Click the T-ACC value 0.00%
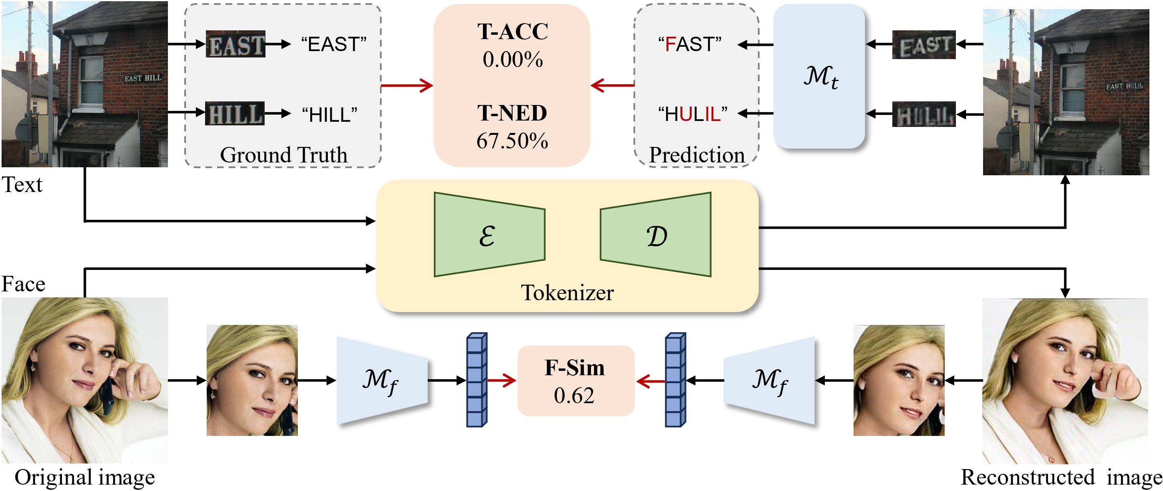click(513, 59)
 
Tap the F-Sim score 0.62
click(574, 396)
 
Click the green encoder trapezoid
click(489, 234)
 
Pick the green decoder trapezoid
click(656, 234)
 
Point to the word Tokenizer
click(567, 293)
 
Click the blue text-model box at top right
click(819, 77)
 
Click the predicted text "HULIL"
click(692, 115)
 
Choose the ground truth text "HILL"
click(329, 115)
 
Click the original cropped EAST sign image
click(235, 45)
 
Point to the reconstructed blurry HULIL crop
click(923, 115)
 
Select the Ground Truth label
click(283, 154)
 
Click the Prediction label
click(696, 154)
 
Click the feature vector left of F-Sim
click(476, 380)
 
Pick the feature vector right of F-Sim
click(675, 380)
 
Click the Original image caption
click(84, 477)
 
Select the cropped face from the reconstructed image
click(898, 380)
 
